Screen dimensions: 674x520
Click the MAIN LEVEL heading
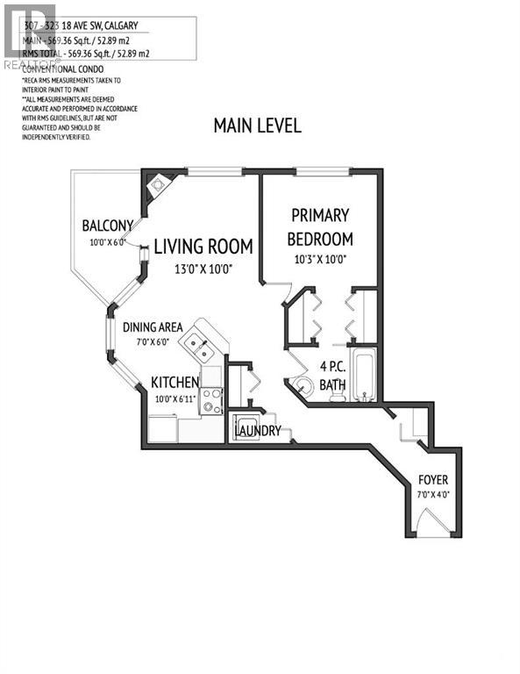[x=257, y=125]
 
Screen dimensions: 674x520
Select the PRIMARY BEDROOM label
[x=321, y=226]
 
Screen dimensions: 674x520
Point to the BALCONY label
[x=107, y=225]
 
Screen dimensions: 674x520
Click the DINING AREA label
[x=153, y=327]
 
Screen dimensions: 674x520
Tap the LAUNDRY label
[x=257, y=431]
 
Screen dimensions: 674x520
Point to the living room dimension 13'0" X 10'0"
[x=203, y=269]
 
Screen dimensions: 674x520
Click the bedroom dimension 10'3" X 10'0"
[x=320, y=259]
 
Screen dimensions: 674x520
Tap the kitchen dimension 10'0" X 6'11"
[x=174, y=400]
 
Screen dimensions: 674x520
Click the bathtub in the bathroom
[x=364, y=376]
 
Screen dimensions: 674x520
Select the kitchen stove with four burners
[x=211, y=400]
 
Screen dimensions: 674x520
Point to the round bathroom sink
[x=303, y=385]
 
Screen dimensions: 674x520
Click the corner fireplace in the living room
[x=159, y=185]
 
